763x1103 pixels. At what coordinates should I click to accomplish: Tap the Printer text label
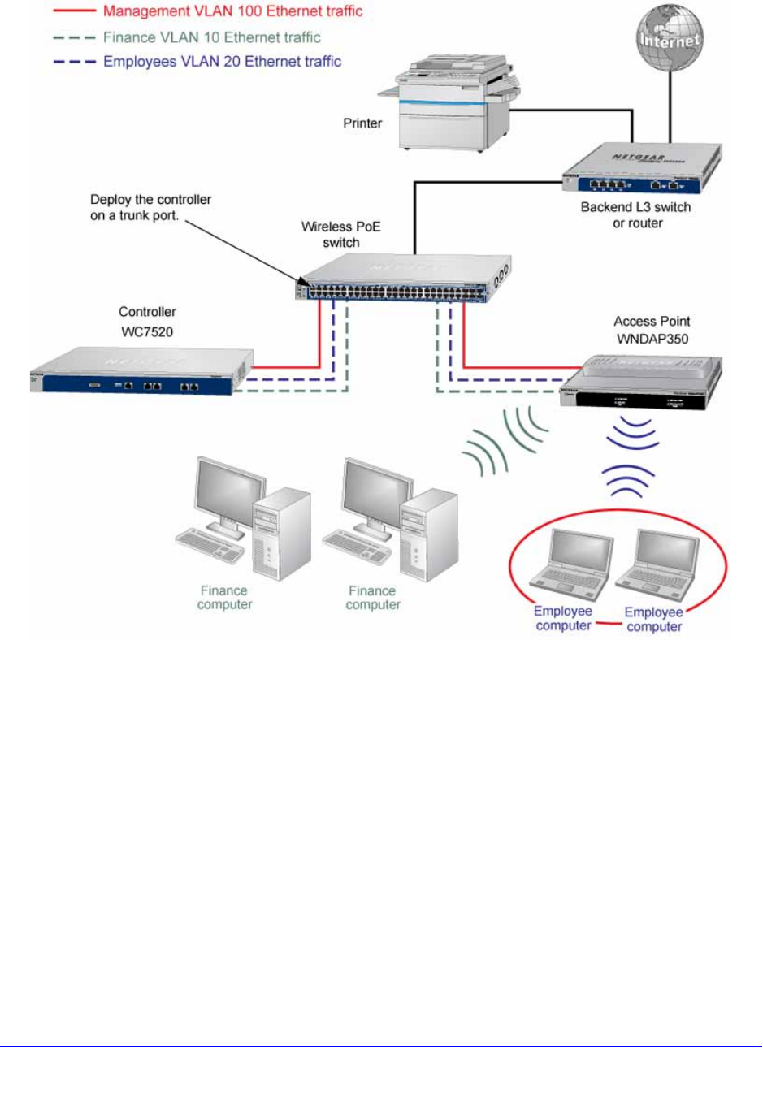coord(362,123)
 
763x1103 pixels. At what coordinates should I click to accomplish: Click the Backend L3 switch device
coord(642,169)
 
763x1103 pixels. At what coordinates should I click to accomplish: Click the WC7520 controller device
coord(141,372)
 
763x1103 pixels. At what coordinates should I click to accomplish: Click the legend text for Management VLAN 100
coord(232,11)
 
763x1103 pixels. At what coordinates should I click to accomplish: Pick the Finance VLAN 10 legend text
coord(211,37)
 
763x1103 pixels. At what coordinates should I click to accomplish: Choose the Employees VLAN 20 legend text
coord(222,62)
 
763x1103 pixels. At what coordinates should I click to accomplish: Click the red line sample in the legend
coord(74,12)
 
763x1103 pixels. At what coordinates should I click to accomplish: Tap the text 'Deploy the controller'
coord(150,200)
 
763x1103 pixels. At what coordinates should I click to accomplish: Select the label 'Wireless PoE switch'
coord(341,235)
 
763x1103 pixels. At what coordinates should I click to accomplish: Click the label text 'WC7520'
coord(147,331)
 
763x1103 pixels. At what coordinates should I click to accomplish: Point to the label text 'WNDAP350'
coord(652,339)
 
